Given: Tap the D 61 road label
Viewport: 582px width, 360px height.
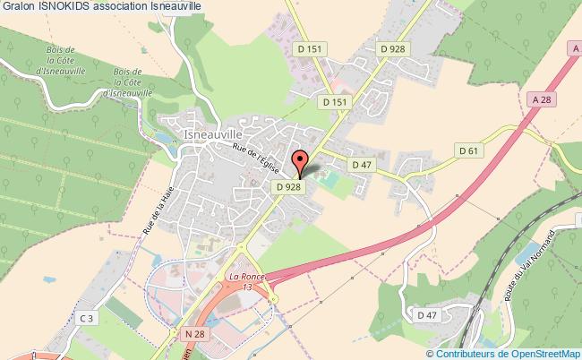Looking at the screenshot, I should click(468, 151).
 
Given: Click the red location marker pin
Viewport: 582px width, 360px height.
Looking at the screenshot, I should click(300, 163).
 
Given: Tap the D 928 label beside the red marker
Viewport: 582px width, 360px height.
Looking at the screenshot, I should click(287, 187).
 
